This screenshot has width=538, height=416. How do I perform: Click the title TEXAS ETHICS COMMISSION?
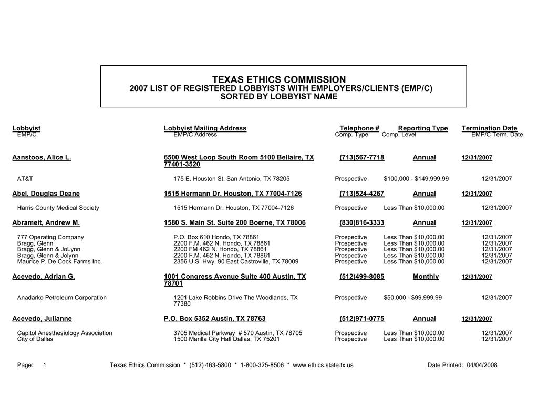tap(279, 79)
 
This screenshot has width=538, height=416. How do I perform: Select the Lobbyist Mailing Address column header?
tap(205, 128)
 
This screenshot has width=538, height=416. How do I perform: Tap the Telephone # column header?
tap(359, 128)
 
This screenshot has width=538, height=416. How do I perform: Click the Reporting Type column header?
tap(423, 128)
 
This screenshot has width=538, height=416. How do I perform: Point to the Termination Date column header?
tap(489, 128)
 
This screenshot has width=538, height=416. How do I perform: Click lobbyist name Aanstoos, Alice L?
tap(42, 157)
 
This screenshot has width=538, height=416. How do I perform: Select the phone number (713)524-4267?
tap(361, 194)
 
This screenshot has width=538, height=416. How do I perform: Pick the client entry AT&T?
tap(25, 179)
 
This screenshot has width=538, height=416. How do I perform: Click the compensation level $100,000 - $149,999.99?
tap(416, 179)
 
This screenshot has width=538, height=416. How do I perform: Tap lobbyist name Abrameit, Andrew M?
tap(46, 223)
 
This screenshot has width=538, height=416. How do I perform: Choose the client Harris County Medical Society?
tap(58, 208)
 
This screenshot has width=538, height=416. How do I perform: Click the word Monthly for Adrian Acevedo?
tap(426, 277)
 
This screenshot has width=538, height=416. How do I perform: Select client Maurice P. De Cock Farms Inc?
tap(60, 261)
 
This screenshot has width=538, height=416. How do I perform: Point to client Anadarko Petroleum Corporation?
tap(62, 298)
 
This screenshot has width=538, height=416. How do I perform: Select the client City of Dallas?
tap(35, 339)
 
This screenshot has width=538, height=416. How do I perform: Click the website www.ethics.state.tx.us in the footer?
tap(323, 365)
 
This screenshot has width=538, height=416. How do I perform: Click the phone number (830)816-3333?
tap(361, 223)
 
